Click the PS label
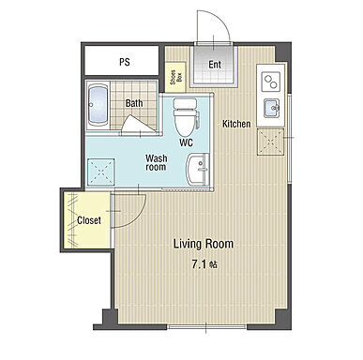125,62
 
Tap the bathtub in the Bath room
98,105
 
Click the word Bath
134,103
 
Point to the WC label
186,142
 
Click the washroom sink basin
197,169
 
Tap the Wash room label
156,162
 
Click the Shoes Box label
175,77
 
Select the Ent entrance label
215,65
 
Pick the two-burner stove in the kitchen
270,81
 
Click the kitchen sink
272,108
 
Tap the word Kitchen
236,124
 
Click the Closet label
89,220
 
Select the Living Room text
204,244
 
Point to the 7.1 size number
199,265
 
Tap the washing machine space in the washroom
100,172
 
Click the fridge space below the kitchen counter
270,142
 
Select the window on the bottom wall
206,327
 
